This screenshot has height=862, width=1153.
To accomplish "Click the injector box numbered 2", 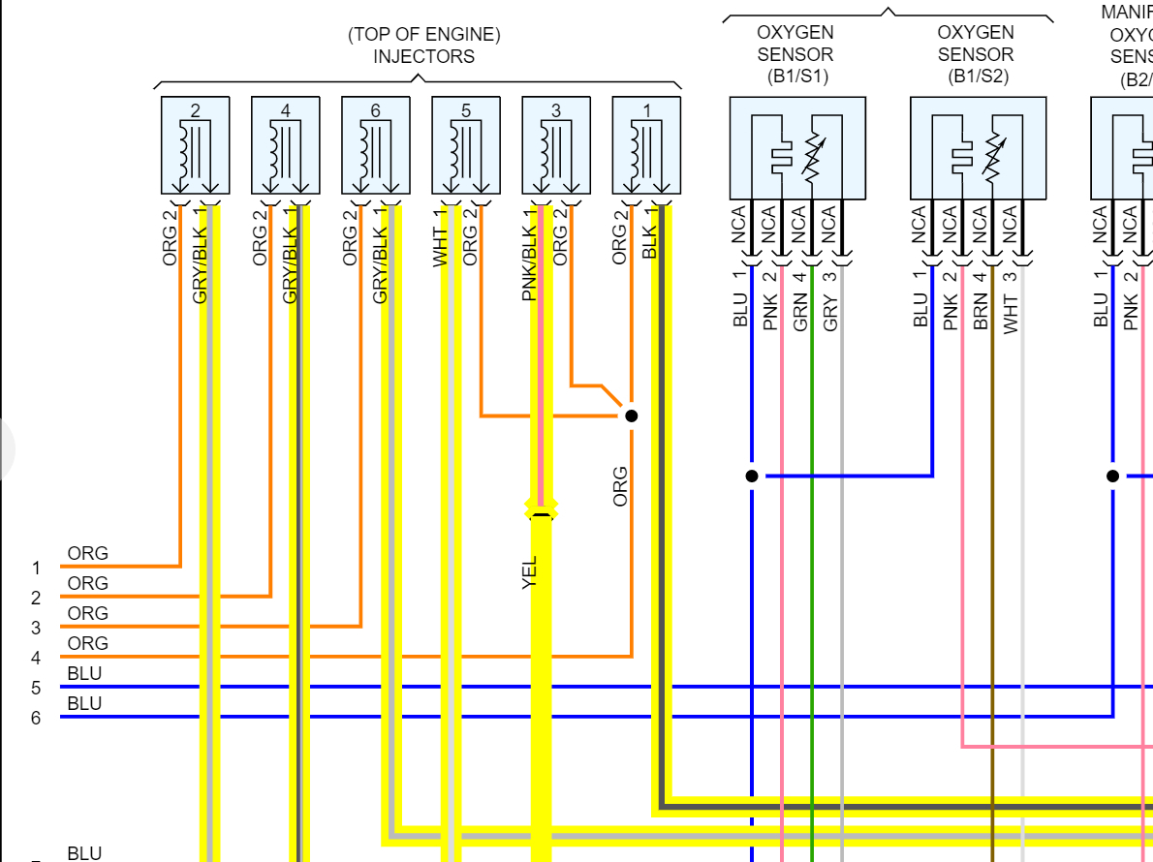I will click(195, 145).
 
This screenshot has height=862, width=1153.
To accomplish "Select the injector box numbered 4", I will click(285, 145).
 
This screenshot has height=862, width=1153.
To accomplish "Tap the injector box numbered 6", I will click(375, 145).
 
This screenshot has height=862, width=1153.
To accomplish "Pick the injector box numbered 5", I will click(465, 145).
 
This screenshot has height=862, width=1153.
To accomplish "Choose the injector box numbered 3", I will click(555, 145).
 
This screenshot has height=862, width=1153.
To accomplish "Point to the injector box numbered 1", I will click(645, 145).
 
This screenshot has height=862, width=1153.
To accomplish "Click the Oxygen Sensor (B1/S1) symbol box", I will click(796, 147).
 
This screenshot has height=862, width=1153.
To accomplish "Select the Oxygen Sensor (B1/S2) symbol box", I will click(978, 147).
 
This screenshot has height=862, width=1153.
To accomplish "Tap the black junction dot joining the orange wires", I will click(631, 416).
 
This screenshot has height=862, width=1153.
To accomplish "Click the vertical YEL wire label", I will click(529, 571).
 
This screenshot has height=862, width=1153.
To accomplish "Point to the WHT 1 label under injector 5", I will click(441, 238).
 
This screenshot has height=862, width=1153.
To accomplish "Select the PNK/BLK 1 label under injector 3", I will click(529, 254).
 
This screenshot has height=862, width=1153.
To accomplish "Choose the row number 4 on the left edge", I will click(36, 658).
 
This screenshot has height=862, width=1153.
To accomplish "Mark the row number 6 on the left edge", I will click(36, 718).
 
